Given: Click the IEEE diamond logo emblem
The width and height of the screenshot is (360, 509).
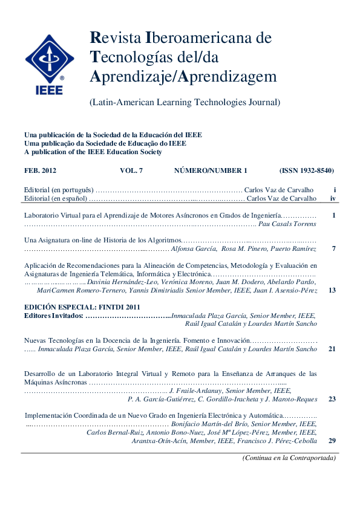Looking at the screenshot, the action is pos(50,59).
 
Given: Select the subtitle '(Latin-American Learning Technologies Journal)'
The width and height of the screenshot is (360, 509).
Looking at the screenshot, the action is pos(185,102).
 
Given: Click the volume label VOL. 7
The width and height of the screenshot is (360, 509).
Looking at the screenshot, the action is pos(132,171).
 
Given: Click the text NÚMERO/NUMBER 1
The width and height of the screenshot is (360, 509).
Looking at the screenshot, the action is pos(211,171).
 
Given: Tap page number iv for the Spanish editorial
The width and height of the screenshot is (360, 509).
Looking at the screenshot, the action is pos(333,198).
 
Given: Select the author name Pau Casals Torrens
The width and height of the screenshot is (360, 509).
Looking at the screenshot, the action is pos(287,224).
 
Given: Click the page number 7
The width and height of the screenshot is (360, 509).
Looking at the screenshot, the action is pos(333,248).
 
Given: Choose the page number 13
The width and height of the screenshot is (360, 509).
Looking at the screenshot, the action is pos(332,290).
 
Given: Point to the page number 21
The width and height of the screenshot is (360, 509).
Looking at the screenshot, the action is pos(332,349).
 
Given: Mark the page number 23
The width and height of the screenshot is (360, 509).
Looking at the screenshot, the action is pos(332,399).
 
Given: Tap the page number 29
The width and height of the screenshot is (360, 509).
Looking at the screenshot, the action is pos(332,441).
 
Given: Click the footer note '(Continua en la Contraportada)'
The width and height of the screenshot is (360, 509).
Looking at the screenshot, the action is pos(289,458).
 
